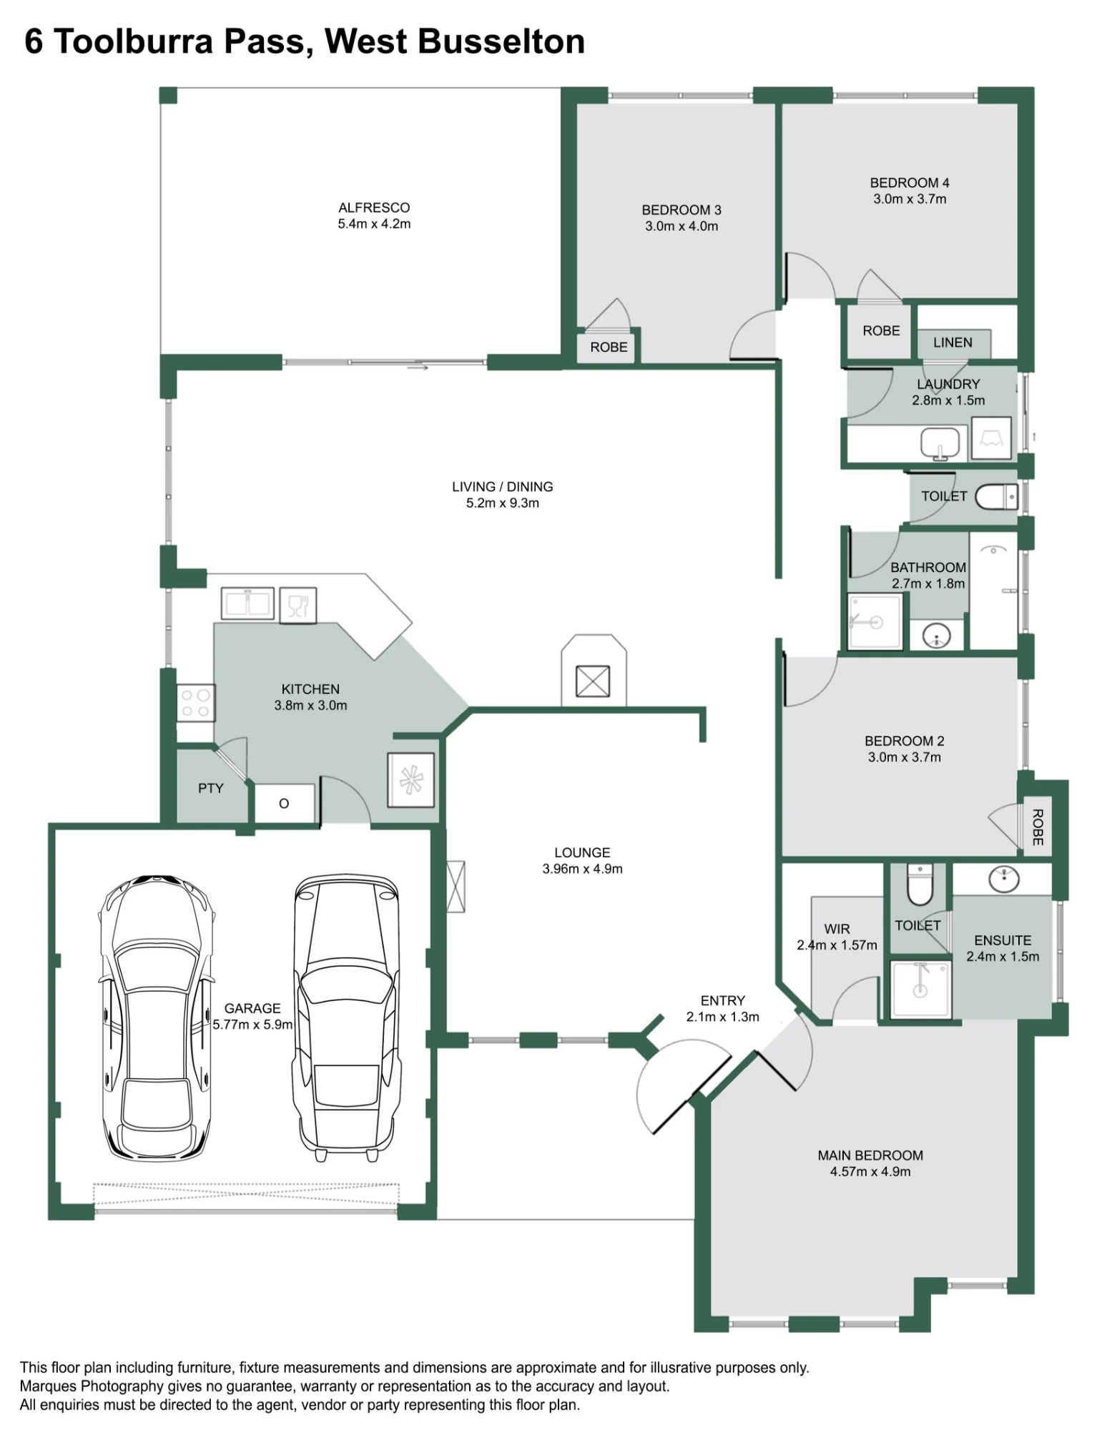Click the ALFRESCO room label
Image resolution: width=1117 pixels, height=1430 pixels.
pos(374,207)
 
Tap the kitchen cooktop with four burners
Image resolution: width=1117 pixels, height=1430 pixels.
pos(195,703)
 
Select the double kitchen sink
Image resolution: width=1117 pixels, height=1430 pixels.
pos(247,603)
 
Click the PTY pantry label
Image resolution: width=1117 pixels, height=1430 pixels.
pos(211,788)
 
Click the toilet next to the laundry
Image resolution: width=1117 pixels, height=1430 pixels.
pos(996,496)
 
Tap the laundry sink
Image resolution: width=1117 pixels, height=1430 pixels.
pos(940,443)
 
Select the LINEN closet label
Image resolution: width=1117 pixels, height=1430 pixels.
pos(953,342)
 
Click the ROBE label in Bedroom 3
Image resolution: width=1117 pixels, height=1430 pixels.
pos(609,347)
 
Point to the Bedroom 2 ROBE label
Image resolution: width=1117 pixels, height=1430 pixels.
pos(1038,827)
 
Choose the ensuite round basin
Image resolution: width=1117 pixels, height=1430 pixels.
pos(1004,879)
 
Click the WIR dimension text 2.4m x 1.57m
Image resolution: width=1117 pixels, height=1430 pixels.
pos(837,945)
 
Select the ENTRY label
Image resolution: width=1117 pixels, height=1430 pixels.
pos(722,1000)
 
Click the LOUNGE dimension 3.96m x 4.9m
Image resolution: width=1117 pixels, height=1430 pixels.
pos(582,869)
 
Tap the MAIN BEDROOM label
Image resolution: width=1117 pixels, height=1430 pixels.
pos(870,1155)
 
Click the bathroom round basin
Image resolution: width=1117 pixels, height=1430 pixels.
pos(937,635)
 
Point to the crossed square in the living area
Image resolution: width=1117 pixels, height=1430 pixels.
pos(593,681)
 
